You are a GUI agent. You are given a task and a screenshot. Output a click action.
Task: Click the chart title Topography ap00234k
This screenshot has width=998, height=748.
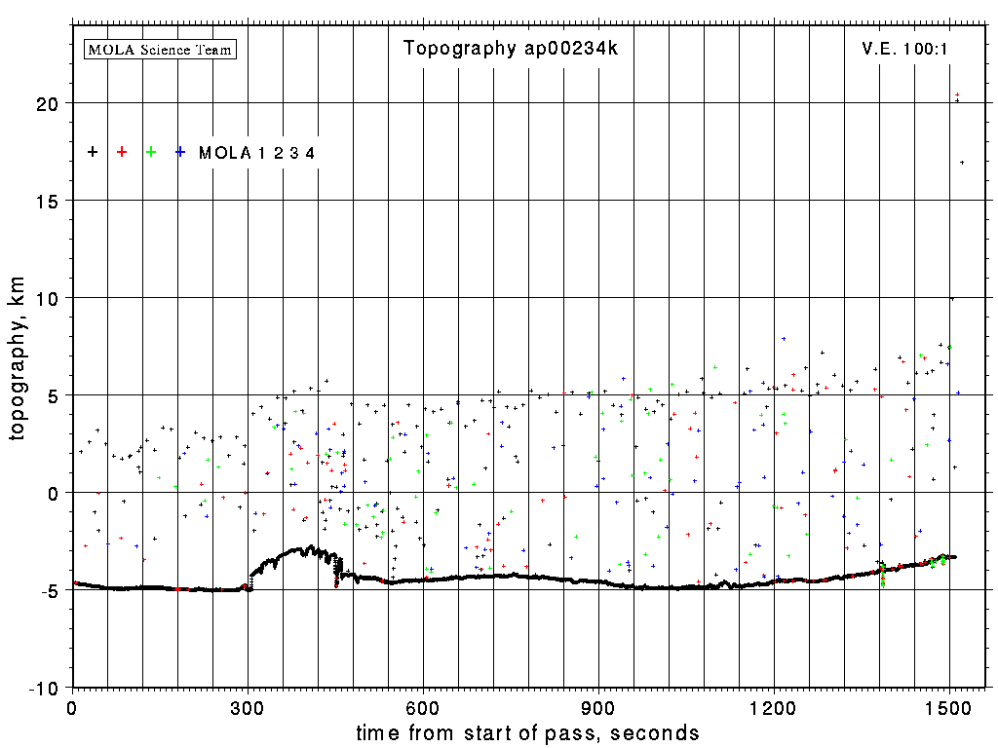(x=511, y=49)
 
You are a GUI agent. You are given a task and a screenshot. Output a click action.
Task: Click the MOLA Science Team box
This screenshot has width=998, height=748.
(x=161, y=49)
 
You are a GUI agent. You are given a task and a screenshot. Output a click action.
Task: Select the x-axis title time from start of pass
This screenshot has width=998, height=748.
(x=527, y=732)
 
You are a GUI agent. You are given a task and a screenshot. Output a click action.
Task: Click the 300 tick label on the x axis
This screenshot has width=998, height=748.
(x=248, y=708)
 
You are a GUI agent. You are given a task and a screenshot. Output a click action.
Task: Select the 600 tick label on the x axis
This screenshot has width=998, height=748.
(x=423, y=708)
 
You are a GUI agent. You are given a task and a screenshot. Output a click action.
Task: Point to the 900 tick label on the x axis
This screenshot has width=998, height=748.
(x=598, y=708)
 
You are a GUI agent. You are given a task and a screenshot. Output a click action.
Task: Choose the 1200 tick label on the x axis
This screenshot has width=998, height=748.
(x=774, y=708)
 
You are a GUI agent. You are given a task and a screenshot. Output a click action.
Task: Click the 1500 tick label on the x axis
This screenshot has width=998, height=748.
(x=949, y=708)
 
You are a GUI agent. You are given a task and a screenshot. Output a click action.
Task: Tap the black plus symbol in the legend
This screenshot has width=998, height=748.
(x=93, y=152)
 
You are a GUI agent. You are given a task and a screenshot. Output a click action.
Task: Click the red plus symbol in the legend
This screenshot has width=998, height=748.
(x=122, y=152)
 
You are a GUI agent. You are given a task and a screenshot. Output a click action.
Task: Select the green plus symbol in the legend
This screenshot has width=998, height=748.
(x=151, y=152)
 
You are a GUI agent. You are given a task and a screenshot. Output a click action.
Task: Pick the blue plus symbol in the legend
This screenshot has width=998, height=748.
(x=180, y=152)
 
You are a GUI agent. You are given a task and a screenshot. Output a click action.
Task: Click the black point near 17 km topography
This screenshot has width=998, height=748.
(x=962, y=163)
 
